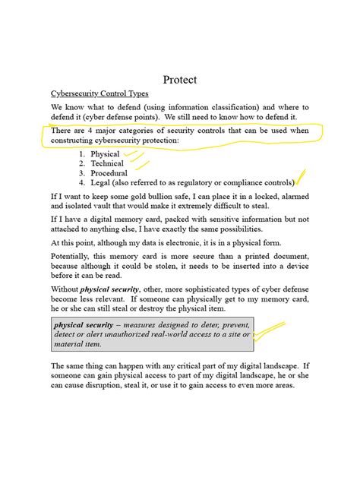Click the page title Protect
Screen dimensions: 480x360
(180, 80)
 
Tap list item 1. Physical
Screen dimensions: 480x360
(99, 153)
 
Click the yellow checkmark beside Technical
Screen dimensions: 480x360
(141, 162)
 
